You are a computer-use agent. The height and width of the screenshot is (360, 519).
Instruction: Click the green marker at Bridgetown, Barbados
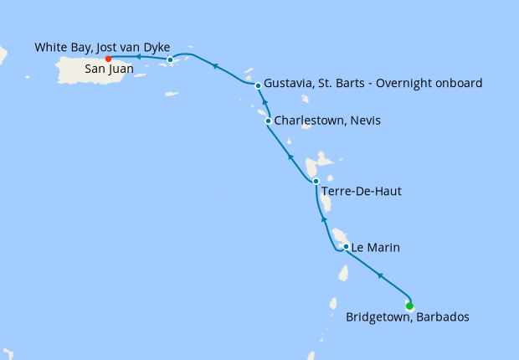(x=409, y=306)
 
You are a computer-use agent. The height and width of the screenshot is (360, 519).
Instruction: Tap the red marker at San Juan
(x=108, y=59)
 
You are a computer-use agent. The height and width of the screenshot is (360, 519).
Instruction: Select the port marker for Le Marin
(x=346, y=247)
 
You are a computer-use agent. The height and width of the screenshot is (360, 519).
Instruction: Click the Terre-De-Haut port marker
(x=316, y=181)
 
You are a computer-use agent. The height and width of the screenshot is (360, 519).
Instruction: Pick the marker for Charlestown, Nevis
(x=268, y=121)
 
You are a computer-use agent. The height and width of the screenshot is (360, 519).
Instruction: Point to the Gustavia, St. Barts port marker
(x=258, y=85)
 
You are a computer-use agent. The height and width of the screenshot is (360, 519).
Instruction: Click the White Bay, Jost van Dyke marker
(x=170, y=59)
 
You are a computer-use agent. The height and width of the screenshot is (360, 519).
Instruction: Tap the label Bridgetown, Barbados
(x=408, y=317)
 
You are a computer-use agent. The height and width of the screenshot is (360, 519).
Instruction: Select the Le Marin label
(x=376, y=248)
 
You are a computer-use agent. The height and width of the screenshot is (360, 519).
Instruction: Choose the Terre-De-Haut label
(x=361, y=192)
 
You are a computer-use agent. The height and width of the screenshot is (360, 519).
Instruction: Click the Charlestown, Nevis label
(x=327, y=121)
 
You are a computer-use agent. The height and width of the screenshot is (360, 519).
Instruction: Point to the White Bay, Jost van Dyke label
(x=103, y=48)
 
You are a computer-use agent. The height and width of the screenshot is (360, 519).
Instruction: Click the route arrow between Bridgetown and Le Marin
(x=380, y=275)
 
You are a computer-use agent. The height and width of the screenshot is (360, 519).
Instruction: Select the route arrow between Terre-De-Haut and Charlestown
(x=290, y=157)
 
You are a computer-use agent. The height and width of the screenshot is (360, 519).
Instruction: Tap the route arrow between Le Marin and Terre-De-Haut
(x=323, y=219)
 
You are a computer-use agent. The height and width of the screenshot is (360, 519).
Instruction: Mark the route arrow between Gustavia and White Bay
(x=214, y=65)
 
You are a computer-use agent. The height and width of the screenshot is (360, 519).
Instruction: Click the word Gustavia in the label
(x=289, y=84)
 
